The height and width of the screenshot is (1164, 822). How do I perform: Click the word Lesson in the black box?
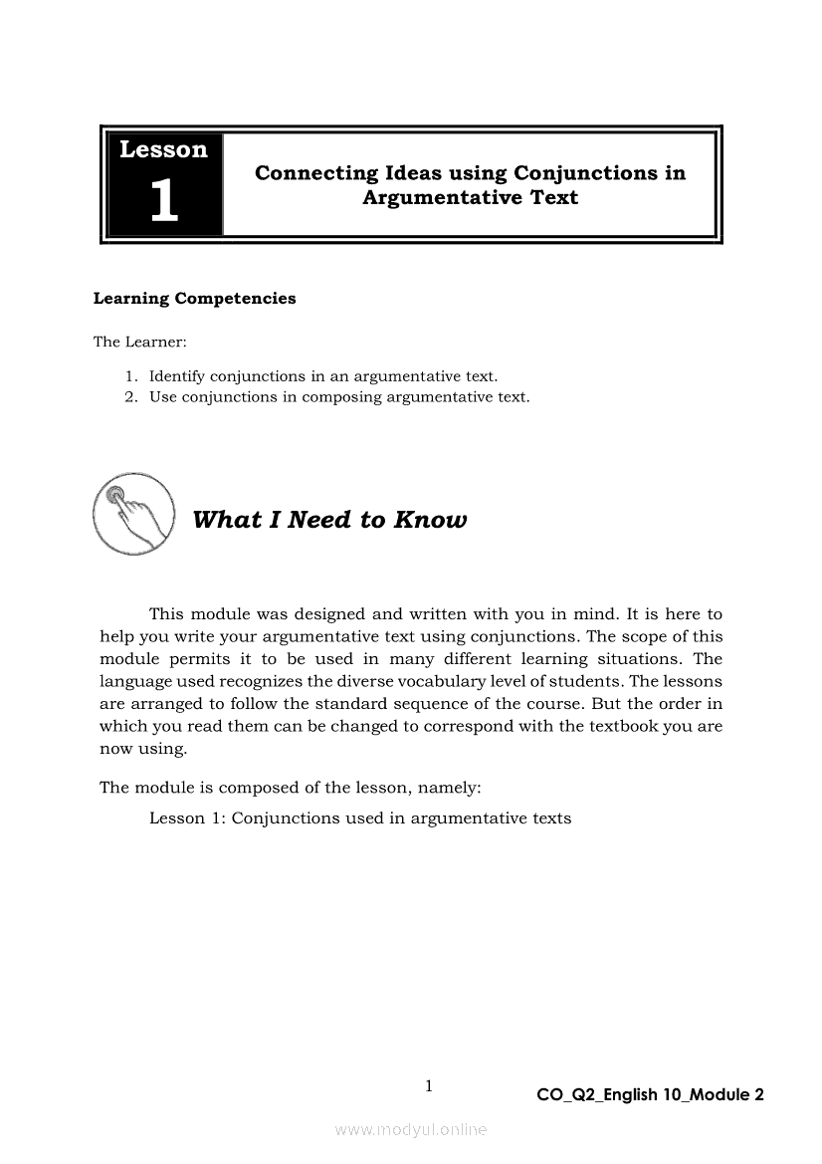click(163, 149)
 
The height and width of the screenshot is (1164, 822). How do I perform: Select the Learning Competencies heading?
click(194, 299)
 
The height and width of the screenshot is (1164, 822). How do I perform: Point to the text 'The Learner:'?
click(133, 342)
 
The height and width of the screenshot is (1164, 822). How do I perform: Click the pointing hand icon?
click(132, 514)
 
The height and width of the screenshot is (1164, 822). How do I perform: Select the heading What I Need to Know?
click(328, 520)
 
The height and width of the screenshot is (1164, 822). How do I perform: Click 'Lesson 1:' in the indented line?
click(187, 818)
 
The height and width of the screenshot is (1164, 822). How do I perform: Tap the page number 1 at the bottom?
click(429, 1086)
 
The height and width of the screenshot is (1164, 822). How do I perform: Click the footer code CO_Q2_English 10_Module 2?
click(650, 1095)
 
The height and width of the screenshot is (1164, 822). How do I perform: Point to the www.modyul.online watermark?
click(411, 1129)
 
